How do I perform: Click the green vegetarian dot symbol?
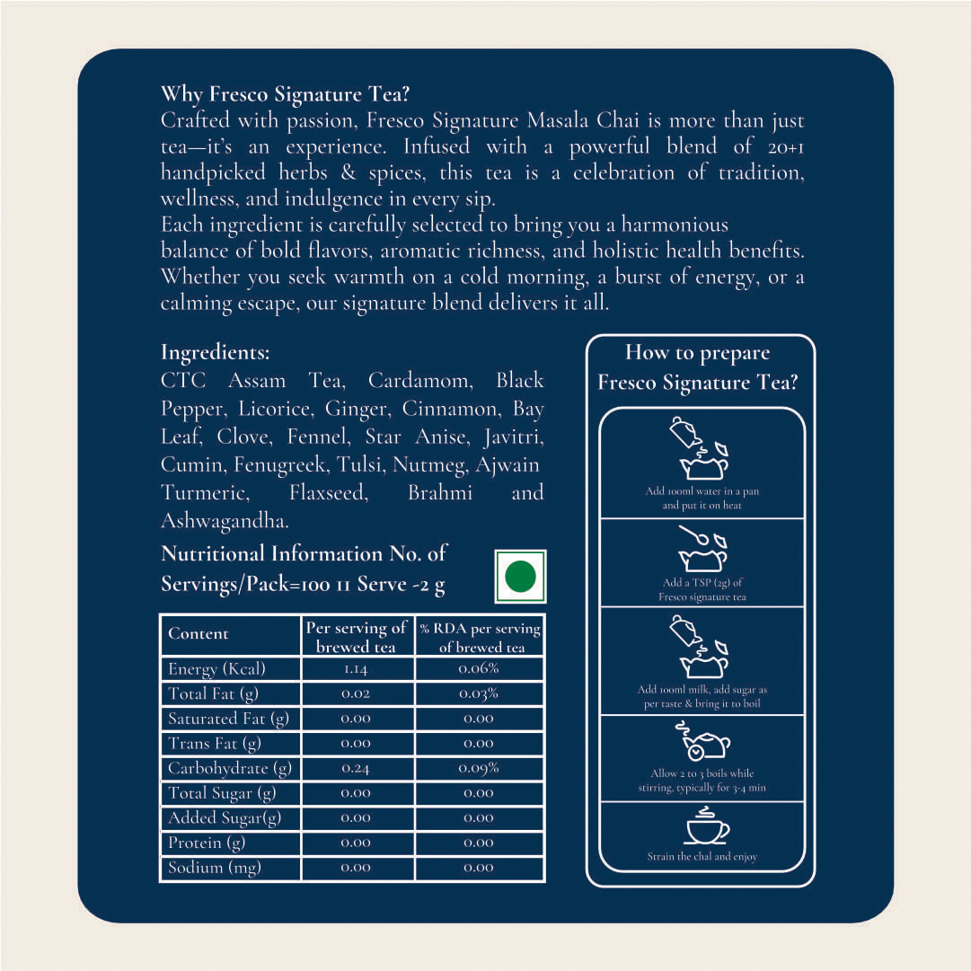point(520,576)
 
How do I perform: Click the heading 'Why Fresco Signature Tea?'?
point(285,94)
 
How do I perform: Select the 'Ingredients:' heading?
point(216,352)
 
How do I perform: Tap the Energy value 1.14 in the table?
point(356,669)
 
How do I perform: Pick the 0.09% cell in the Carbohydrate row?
point(479,768)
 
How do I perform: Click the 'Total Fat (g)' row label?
point(213,694)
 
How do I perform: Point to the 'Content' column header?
point(199,633)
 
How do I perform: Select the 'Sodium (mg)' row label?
point(215,869)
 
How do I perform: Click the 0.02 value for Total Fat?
point(356,693)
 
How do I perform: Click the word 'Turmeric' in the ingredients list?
point(204,492)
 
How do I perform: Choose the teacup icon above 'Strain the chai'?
point(707,829)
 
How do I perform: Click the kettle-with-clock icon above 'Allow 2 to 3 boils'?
point(702,740)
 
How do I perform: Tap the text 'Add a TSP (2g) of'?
point(702,582)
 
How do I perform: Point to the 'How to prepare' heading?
point(697,353)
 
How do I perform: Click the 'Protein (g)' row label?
point(207,843)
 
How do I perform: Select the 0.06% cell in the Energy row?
point(479,669)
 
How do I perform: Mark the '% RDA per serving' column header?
point(480,629)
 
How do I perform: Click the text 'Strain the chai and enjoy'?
point(702,856)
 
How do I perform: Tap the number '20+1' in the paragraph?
point(786,147)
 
